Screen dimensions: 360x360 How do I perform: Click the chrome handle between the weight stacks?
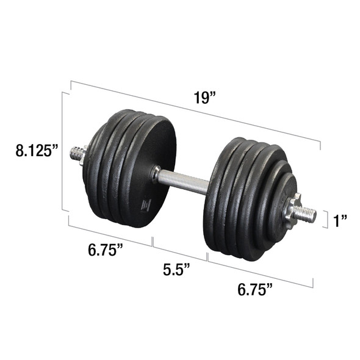pos(183,181)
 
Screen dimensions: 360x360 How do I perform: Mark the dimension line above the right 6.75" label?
pos(261,272)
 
